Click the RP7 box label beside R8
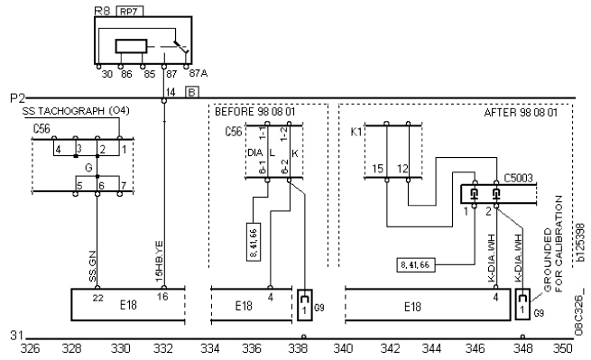129,12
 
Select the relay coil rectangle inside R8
131,46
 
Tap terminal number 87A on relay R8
199,73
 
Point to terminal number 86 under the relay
126,74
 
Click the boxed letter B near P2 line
192,92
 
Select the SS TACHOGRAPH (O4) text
76,111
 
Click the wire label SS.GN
92,266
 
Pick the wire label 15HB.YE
159,262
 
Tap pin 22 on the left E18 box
98,298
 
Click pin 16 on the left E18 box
162,297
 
